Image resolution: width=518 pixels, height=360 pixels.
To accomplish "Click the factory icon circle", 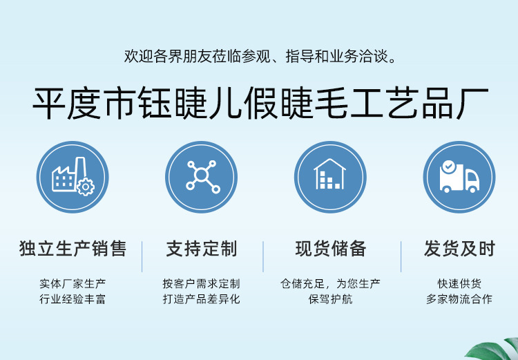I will point(73,177).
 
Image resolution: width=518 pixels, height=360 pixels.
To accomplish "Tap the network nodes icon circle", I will point(201,177).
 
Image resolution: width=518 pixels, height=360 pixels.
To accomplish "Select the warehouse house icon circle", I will point(330,177).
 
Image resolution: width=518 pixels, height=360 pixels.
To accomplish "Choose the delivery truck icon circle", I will point(459,177).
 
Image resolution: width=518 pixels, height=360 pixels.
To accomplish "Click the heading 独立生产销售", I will point(73,249).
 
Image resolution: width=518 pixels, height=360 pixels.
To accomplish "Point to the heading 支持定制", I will point(201,249).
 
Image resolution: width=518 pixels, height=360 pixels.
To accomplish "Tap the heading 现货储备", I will point(330,249).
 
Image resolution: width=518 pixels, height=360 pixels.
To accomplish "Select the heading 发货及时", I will point(459,249).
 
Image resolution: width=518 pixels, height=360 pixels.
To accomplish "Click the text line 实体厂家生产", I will point(73,284).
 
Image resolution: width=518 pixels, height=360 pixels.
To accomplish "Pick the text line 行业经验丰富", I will point(73,300).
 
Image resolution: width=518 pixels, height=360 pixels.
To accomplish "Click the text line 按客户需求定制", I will point(201,284).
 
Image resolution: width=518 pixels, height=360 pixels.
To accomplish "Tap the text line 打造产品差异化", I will point(201,300).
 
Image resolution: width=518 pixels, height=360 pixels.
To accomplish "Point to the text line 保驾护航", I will point(330,300).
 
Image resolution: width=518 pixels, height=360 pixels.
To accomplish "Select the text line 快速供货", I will point(459,284).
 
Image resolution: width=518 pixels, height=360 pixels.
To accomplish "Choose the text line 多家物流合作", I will point(459,300).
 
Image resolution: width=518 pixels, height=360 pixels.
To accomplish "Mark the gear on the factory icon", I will point(86,187).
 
